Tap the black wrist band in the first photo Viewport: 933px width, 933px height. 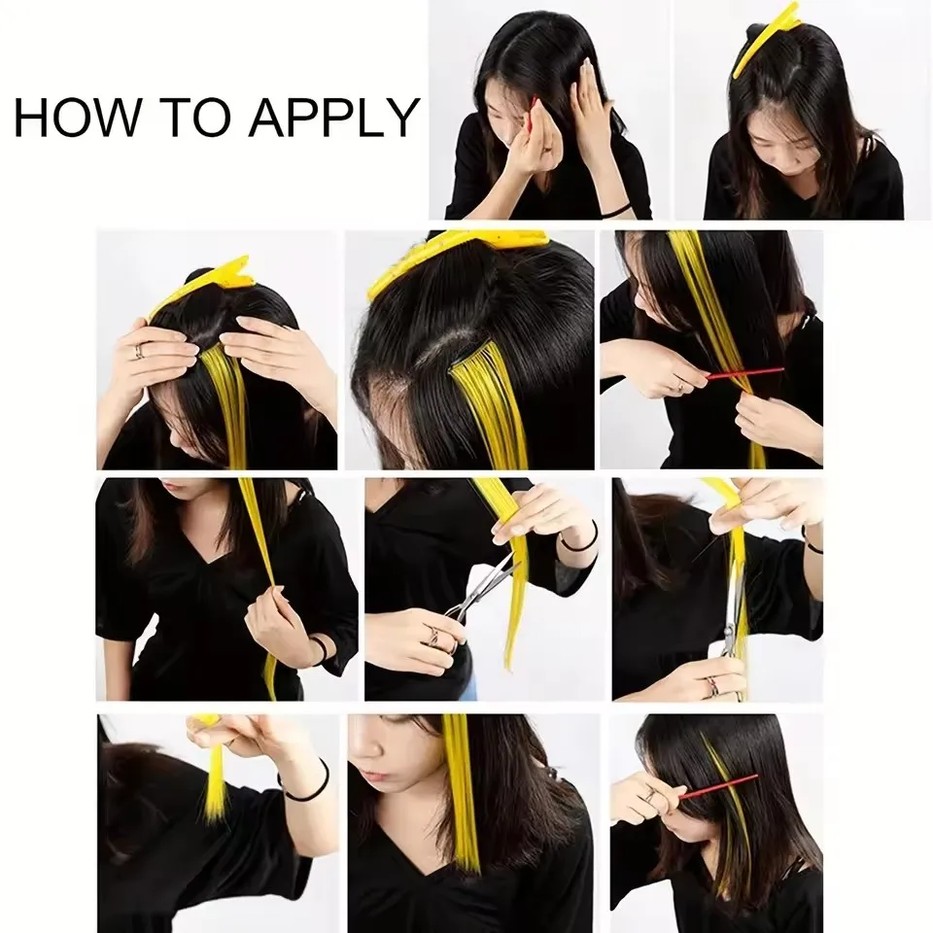(x=614, y=208)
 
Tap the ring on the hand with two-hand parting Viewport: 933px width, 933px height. (x=139, y=351)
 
